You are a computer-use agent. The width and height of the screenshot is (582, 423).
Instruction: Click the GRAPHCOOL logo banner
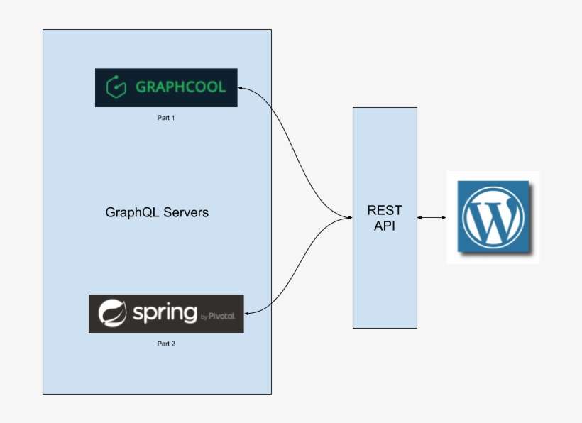pyautogui.click(x=166, y=87)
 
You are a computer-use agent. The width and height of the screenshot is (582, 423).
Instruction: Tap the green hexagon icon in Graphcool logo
pyautogui.click(x=116, y=87)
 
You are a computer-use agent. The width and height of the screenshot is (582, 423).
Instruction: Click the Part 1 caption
pyautogui.click(x=166, y=118)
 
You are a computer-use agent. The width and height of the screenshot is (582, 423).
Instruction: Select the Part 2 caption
pyautogui.click(x=166, y=344)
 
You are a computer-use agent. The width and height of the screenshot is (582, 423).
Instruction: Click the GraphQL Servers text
pyautogui.click(x=157, y=212)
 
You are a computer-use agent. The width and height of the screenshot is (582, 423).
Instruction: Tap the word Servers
pyautogui.click(x=185, y=212)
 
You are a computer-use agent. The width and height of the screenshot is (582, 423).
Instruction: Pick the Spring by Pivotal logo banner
pyautogui.click(x=166, y=314)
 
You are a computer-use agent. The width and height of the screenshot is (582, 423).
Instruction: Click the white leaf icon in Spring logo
pyautogui.click(x=111, y=314)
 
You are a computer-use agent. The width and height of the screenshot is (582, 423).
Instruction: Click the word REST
pyautogui.click(x=385, y=210)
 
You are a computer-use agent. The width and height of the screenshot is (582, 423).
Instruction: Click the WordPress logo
pyautogui.click(x=493, y=216)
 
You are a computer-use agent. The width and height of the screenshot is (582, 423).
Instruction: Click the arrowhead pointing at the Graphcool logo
pyautogui.click(x=241, y=87)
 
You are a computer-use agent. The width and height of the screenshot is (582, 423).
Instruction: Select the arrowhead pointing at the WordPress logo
pyautogui.click(x=444, y=217)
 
